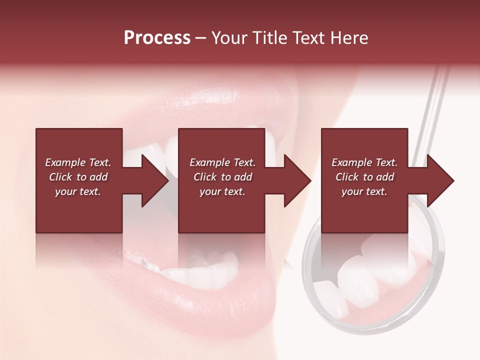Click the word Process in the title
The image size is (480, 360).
click(157, 38)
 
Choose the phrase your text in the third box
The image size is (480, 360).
click(364, 191)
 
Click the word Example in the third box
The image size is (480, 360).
click(350, 162)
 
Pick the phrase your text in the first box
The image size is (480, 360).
click(77, 191)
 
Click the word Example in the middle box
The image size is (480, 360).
click(208, 162)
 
